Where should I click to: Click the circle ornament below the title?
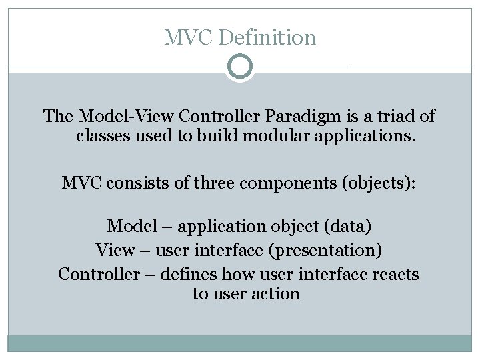click(240, 67)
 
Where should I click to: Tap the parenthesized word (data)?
click(347, 227)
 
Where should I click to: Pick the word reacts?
click(395, 274)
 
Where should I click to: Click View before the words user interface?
click(115, 251)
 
